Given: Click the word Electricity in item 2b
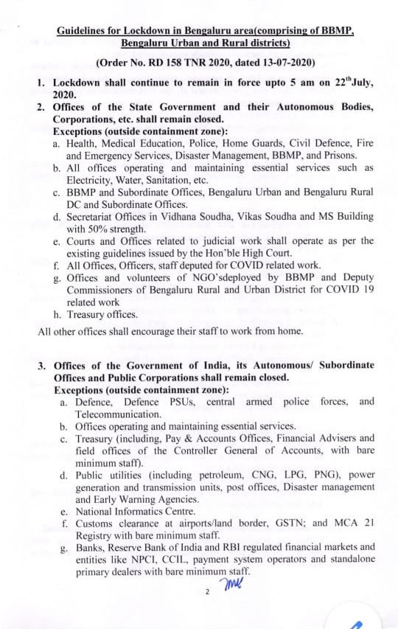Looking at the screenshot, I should [x=92, y=179].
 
